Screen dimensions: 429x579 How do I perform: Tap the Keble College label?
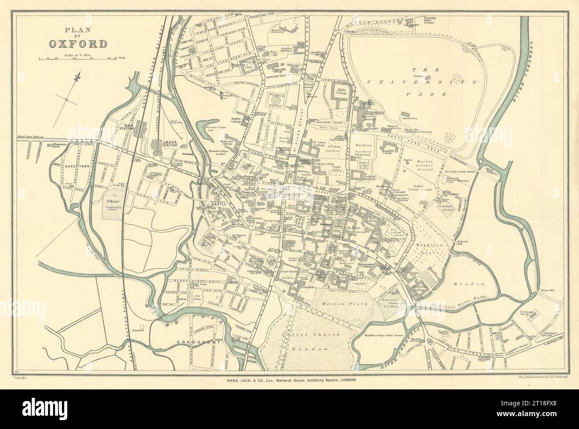[341, 92]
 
